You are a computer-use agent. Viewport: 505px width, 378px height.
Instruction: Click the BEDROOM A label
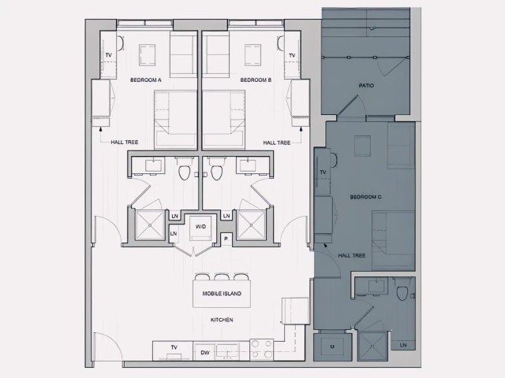(146, 80)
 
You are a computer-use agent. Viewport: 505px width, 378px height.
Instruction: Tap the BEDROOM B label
(256, 80)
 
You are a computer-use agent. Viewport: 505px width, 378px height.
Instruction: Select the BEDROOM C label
(365, 197)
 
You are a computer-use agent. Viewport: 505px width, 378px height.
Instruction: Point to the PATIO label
(366, 85)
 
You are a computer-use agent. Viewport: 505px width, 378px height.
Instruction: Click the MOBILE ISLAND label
(222, 294)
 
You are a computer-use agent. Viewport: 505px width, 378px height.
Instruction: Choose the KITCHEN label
(222, 320)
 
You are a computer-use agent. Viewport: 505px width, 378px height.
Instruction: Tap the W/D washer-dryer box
(201, 226)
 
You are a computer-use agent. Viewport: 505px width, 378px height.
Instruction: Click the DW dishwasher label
(204, 353)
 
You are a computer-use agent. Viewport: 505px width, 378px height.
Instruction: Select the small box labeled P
(226, 238)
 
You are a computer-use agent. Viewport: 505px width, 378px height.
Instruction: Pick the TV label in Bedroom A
(108, 55)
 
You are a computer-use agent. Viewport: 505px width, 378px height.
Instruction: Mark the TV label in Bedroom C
(323, 172)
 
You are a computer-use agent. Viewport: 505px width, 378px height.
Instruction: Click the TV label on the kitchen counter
(174, 347)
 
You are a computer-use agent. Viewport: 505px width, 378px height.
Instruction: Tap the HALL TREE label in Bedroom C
(351, 255)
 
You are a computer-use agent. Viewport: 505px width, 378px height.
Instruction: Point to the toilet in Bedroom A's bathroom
(185, 171)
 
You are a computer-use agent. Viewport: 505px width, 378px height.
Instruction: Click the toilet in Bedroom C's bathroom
(403, 293)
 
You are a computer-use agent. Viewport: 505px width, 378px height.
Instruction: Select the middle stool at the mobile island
(222, 277)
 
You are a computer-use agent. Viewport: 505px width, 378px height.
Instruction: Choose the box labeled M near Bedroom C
(332, 346)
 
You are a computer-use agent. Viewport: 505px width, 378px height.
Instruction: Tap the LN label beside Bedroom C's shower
(403, 345)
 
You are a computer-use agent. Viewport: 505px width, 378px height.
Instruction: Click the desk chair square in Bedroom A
(148, 54)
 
